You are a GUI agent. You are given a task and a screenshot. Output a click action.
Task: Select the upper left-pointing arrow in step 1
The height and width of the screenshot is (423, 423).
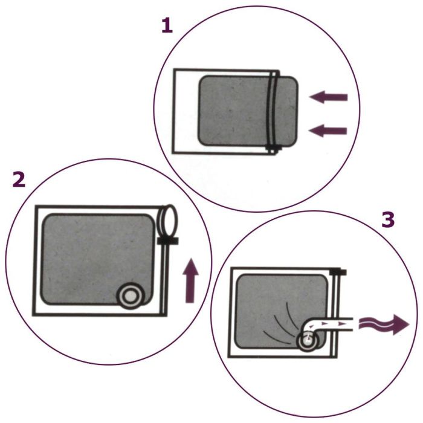328,97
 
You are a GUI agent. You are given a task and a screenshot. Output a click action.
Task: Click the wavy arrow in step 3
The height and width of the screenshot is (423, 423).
383,324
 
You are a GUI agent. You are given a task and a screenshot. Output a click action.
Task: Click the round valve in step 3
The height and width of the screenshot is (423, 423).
307,342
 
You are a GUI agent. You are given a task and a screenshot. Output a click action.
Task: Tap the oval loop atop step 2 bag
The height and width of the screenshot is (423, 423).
167,221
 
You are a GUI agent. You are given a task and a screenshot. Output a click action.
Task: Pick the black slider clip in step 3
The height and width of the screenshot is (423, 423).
338,272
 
